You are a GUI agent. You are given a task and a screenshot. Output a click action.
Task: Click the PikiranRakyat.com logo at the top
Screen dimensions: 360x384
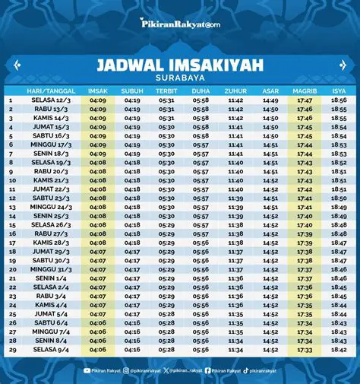(179, 24)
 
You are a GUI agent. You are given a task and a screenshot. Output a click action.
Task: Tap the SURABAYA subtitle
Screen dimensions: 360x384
(180, 79)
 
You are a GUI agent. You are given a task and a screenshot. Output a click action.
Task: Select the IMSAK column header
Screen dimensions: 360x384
(98, 90)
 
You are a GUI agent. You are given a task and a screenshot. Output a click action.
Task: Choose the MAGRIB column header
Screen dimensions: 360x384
(305, 90)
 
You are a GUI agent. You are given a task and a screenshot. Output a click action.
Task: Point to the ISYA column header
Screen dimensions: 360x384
(339, 90)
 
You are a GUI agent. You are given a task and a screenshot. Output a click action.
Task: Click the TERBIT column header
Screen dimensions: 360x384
(166, 90)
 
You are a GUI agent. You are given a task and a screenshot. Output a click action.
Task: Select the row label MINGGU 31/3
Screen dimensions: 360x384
(51, 269)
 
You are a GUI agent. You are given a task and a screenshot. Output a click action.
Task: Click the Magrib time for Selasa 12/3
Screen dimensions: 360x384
(305, 100)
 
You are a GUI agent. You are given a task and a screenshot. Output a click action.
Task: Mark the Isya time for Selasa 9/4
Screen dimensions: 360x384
(339, 351)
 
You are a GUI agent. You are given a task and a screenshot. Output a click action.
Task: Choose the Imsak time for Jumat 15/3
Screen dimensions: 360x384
(98, 127)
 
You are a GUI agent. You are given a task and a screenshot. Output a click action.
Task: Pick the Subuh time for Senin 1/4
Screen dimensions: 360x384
(132, 278)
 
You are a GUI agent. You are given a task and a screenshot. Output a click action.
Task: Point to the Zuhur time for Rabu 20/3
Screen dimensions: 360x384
(235, 172)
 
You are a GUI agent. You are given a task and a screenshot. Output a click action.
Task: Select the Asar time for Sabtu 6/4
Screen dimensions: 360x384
(270, 323)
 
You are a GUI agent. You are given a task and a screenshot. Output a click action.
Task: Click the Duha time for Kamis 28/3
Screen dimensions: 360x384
(201, 243)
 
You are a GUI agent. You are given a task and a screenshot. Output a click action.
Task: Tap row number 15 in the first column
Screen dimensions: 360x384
(12, 225)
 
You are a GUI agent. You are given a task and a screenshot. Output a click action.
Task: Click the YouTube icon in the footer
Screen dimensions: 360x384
(88, 370)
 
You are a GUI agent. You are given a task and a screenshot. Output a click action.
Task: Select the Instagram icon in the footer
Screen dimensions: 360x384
(126, 370)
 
